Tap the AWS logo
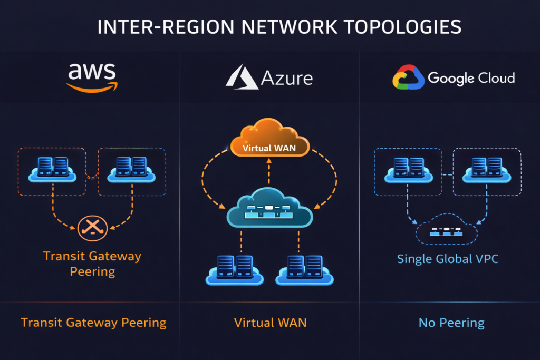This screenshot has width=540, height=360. point(92,78)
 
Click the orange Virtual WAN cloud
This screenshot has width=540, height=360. point(269,140)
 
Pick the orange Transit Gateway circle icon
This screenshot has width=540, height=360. point(92,227)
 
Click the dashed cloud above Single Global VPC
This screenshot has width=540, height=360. point(446,231)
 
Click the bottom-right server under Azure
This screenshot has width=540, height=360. point(304,269)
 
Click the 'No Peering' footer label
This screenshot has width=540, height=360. point(451,323)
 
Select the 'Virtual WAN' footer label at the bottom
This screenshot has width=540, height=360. point(269,323)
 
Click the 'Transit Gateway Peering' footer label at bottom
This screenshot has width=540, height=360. point(93,323)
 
